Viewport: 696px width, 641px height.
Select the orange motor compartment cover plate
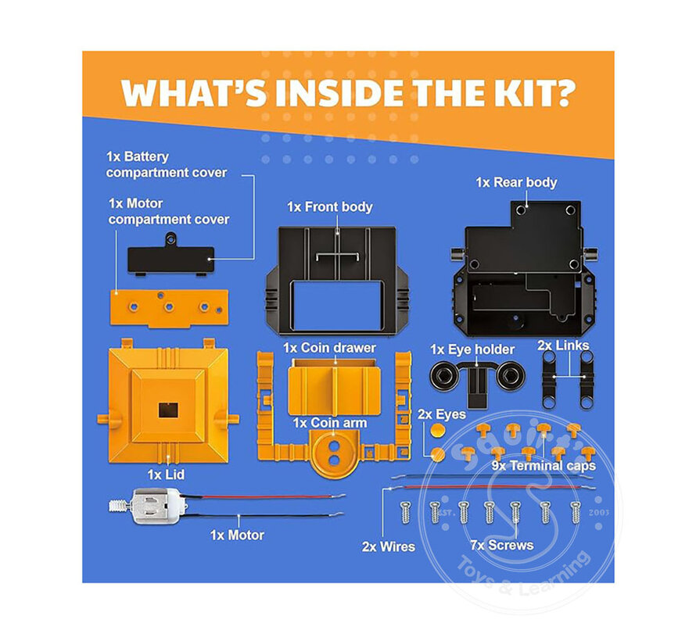[x=169, y=306]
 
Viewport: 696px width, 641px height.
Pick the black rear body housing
[x=522, y=270]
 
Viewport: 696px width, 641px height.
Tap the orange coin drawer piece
[x=333, y=387]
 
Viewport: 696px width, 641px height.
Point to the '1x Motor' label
[x=237, y=535]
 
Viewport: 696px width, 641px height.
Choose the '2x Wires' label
[x=388, y=546]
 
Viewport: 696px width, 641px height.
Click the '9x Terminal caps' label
[x=544, y=466]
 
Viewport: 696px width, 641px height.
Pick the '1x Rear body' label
[x=516, y=182]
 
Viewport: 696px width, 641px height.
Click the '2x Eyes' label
[x=441, y=414]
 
